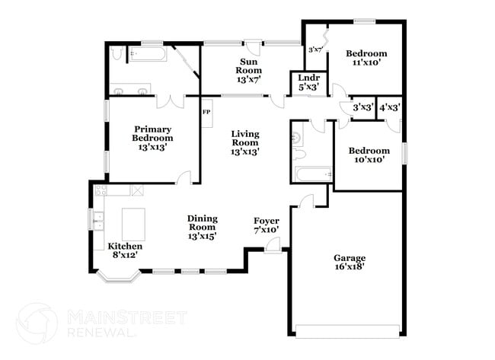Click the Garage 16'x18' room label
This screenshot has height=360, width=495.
pyautogui.click(x=349, y=263)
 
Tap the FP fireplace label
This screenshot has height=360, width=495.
pyautogui.click(x=206, y=113)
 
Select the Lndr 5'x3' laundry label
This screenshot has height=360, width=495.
pyautogui.click(x=308, y=82)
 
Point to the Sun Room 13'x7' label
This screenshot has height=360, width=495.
pyautogui.click(x=249, y=70)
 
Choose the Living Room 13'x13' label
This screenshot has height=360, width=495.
pyautogui.click(x=245, y=142)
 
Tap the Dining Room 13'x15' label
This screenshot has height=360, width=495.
pyautogui.click(x=202, y=227)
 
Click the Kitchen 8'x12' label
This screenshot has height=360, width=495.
pyautogui.click(x=125, y=251)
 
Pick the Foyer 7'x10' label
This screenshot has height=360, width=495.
pyautogui.click(x=267, y=225)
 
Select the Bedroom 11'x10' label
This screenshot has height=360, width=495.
pyautogui.click(x=366, y=58)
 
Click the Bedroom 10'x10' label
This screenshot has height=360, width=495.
pyautogui.click(x=369, y=155)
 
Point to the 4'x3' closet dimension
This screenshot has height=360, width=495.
pyautogui.click(x=390, y=107)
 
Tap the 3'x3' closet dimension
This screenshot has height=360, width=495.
pyautogui.click(x=362, y=107)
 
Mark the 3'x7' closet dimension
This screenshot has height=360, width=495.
pyautogui.click(x=315, y=49)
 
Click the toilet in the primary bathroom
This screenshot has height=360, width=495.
pyautogui.click(x=116, y=53)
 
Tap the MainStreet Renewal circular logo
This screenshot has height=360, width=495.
pyautogui.click(x=37, y=323)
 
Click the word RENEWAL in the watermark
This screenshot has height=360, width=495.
pyautogui.click(x=102, y=333)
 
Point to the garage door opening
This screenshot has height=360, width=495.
pyautogui.click(x=346, y=331)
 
